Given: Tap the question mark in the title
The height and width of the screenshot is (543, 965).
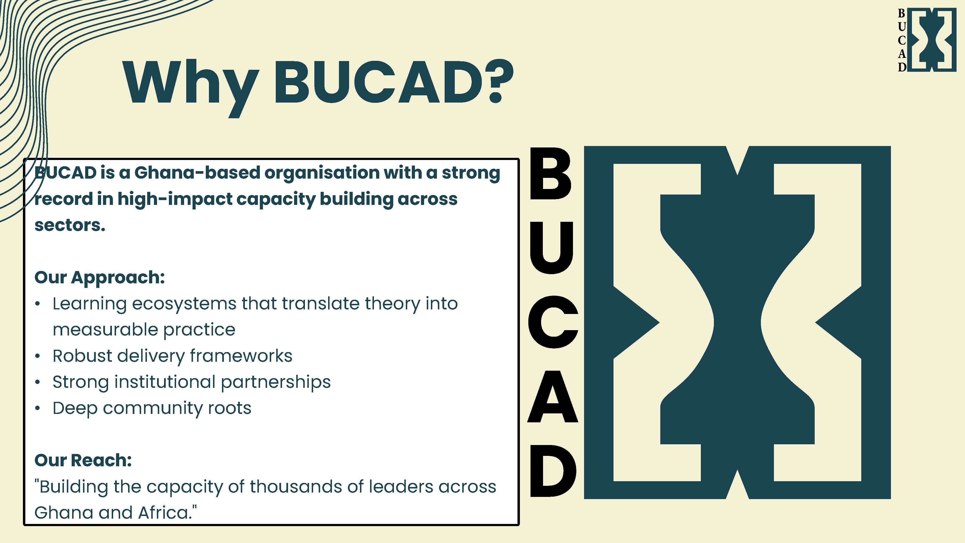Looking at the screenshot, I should click(495, 82).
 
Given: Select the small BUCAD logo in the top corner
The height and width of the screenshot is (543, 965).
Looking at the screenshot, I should click(926, 40).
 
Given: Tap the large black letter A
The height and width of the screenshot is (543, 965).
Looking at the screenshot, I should click(552, 397).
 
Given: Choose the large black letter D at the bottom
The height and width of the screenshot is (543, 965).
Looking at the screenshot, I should click(552, 471).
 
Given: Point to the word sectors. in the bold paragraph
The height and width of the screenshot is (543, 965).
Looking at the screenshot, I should click(70, 225).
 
